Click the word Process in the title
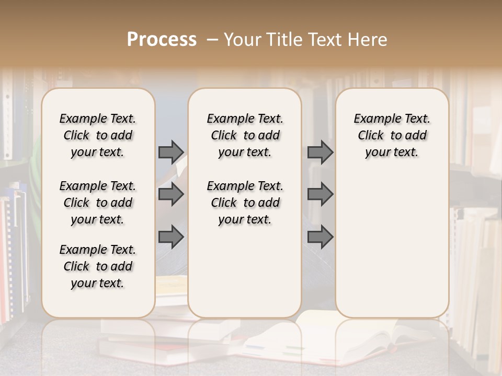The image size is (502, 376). coord(162,40)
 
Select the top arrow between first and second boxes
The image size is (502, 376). coord(171,152)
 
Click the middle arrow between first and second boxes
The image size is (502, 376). coord(171,194)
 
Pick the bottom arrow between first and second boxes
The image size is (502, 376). coord(171,237)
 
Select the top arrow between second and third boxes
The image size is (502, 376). coord(320,152)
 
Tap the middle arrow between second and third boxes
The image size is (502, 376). coord(320,194)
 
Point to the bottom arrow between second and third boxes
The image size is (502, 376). coord(320,237)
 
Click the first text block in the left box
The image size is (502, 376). coord(98,135)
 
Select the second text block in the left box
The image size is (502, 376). coord(98,203)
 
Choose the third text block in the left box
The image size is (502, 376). coord(98,266)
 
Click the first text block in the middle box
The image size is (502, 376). coord(245,135)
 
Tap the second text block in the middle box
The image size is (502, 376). coord(245,203)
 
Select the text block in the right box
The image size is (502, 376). coord(392,135)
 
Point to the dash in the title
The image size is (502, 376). coord(212,40)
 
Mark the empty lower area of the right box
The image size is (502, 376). coord(392,245)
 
